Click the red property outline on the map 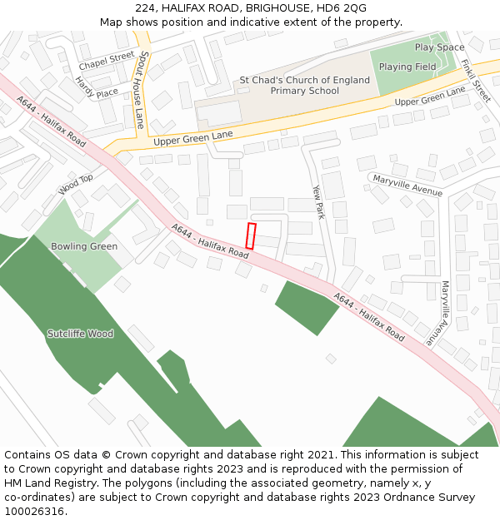[x=250, y=235]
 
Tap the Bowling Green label [x=84, y=246]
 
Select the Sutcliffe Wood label [x=80, y=334]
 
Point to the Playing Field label [x=407, y=67]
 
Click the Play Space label [x=439, y=47]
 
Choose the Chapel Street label [x=107, y=60]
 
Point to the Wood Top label [x=76, y=185]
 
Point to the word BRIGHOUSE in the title [x=277, y=8]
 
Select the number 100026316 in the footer [x=34, y=511]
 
